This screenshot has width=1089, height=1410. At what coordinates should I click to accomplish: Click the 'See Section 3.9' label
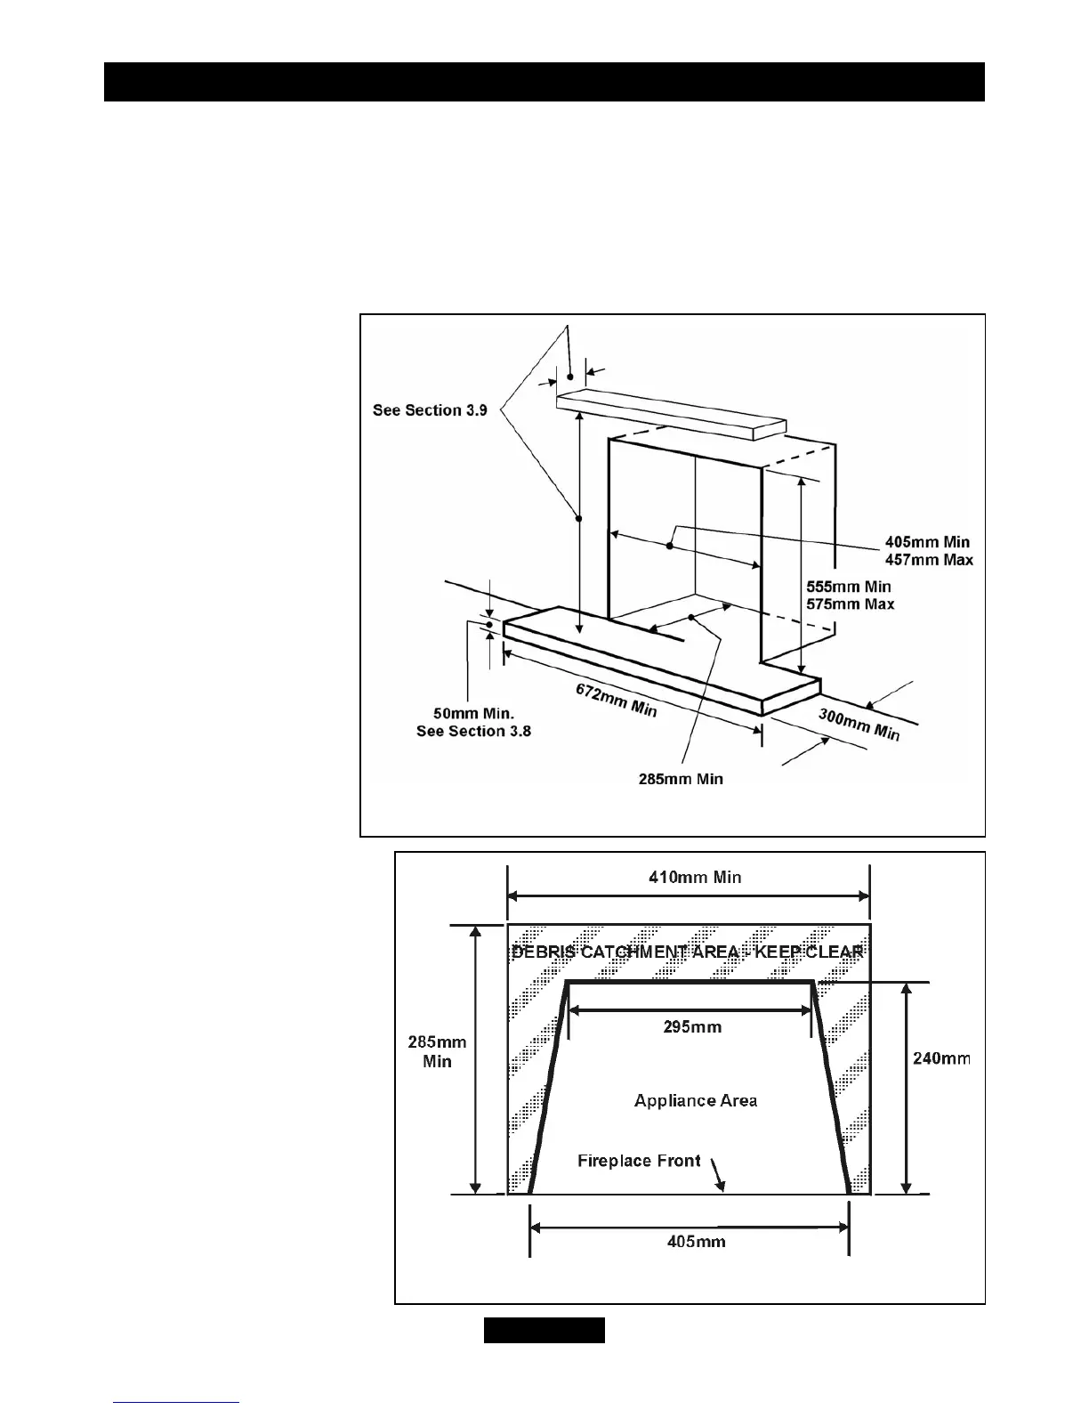[x=430, y=410]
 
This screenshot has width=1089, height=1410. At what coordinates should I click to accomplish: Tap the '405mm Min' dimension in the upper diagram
[x=927, y=542]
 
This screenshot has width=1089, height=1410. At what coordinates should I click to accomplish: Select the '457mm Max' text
[x=929, y=560]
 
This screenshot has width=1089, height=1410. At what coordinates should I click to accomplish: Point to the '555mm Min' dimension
[x=848, y=587]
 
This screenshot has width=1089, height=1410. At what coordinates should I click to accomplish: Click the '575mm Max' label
[x=850, y=604]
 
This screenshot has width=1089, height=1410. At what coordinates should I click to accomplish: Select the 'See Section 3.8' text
[x=473, y=731]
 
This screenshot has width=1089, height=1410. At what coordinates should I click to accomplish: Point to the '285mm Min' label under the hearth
[x=681, y=779]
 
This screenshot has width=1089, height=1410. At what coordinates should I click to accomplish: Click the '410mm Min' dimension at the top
[x=695, y=878]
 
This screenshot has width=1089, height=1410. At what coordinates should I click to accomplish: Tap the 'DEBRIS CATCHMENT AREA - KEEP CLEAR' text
[x=687, y=952]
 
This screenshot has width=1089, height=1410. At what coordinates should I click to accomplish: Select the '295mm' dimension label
[x=692, y=1027]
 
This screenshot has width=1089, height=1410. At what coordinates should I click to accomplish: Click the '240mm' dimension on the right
[x=942, y=1058]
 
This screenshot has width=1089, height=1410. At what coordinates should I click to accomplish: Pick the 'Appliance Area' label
[x=696, y=1101]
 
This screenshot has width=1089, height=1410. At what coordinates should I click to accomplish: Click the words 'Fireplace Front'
[x=639, y=1161]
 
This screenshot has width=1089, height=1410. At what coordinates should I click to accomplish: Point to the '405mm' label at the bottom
[x=696, y=1241]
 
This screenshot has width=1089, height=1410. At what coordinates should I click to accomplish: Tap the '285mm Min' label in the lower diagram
[x=437, y=1051]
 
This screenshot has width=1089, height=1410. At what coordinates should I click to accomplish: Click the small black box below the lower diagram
[x=544, y=1331]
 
